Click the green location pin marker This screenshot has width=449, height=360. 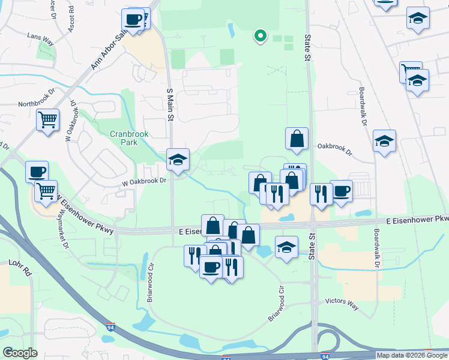[x=260, y=37]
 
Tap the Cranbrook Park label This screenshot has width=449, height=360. [x=129, y=138]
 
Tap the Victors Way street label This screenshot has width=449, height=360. [x=342, y=304]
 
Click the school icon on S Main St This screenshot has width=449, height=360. [x=178, y=160]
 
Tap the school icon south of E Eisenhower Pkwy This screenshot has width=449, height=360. [x=287, y=247]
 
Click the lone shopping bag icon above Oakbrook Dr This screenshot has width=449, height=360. [x=297, y=139]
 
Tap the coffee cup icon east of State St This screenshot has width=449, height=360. [x=341, y=191]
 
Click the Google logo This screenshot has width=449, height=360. [x=20, y=353]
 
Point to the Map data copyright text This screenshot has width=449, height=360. [x=411, y=355]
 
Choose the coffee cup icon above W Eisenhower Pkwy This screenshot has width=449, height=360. [x=37, y=171]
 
